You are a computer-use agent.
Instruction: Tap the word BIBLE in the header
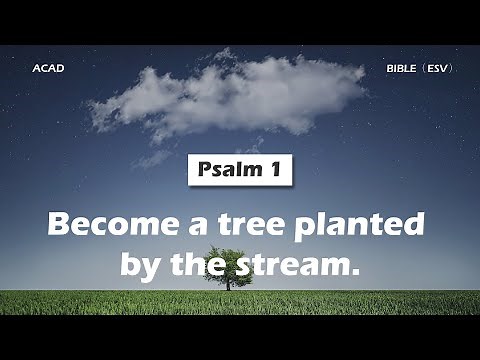tap(402, 69)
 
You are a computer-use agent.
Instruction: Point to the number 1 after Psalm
tap(274, 170)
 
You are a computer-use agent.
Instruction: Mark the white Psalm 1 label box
tap(240, 170)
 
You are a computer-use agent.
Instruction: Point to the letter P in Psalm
tap(200, 170)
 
